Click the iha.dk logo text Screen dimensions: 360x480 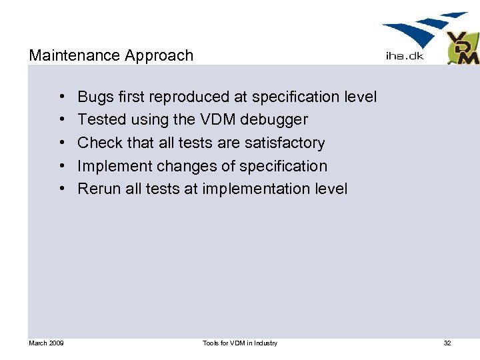coord(405,56)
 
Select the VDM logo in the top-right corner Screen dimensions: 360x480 coord(462,48)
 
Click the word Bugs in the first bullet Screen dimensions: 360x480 coord(95,97)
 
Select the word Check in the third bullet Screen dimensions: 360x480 coord(99,143)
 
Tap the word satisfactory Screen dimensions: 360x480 coord(285,143)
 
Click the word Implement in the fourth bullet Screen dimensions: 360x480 coord(115,166)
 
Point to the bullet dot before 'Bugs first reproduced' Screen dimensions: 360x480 coord(61,97)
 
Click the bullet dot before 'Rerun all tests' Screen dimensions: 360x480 coord(61,189)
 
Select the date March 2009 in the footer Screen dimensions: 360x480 coord(46,343)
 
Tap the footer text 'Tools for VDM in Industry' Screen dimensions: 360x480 coord(239,343)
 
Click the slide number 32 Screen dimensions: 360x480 coord(447,343)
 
